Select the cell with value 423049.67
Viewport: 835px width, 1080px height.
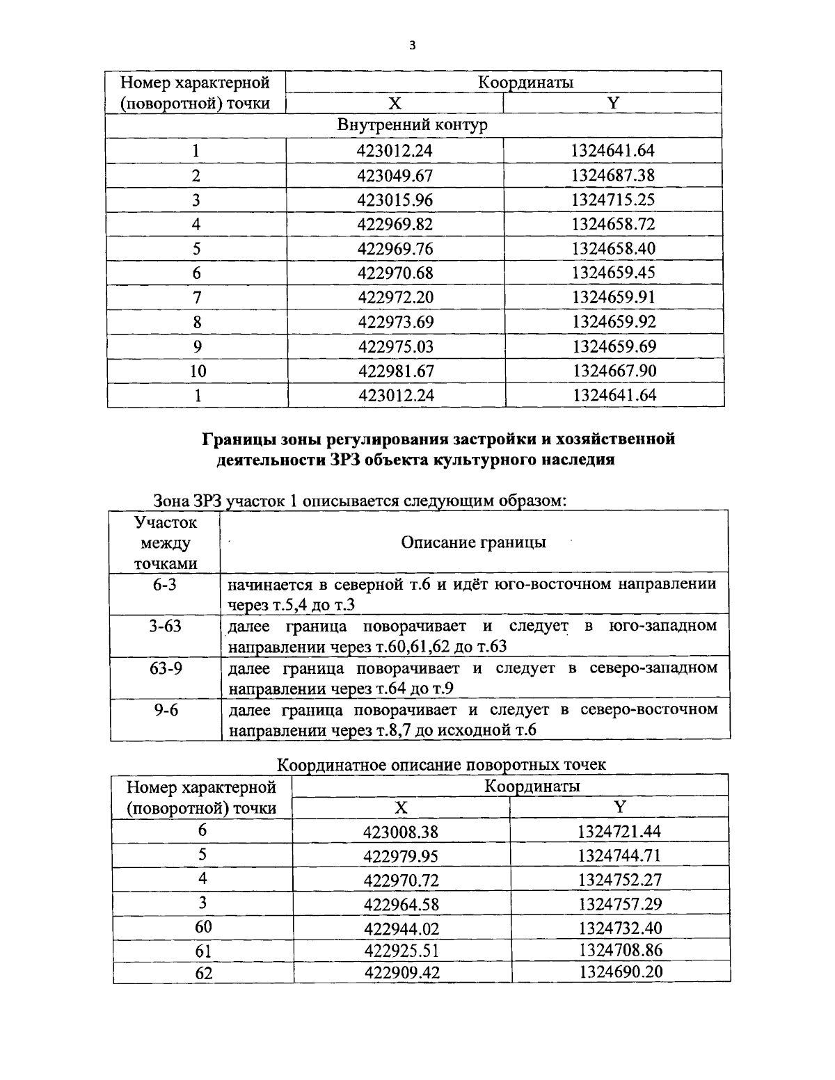click(x=395, y=176)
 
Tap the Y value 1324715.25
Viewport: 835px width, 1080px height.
click(x=613, y=200)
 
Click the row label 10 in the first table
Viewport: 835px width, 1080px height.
click(x=198, y=371)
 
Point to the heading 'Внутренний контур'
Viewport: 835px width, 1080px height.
click(x=413, y=125)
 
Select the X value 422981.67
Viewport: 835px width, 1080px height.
click(x=395, y=371)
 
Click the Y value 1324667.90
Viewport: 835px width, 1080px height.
click(x=614, y=371)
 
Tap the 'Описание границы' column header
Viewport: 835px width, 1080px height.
click(x=473, y=542)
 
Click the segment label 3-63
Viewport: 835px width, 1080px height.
click(x=165, y=626)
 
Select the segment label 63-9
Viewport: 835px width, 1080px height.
click(x=166, y=668)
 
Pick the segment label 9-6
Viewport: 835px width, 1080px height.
click(x=166, y=711)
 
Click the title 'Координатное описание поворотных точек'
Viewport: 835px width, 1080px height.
click(x=442, y=765)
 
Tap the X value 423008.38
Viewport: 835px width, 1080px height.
click(x=401, y=832)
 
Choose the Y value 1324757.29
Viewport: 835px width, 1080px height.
click(x=619, y=904)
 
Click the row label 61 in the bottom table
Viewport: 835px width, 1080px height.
click(x=203, y=951)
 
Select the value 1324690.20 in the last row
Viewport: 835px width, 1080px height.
click(x=620, y=972)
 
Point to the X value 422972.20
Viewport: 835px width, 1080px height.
click(x=395, y=298)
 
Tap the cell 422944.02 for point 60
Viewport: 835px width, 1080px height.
click(x=401, y=928)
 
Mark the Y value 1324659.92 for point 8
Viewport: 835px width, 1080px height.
click(x=614, y=322)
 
